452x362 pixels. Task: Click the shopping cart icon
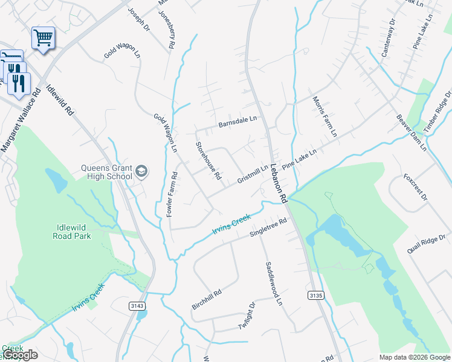coord(43,38)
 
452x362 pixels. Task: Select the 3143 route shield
coord(137,306)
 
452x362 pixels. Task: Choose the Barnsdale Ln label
coord(237,122)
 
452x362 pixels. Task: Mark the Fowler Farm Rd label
coord(172,195)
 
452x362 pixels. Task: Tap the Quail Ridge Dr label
coord(426,244)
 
